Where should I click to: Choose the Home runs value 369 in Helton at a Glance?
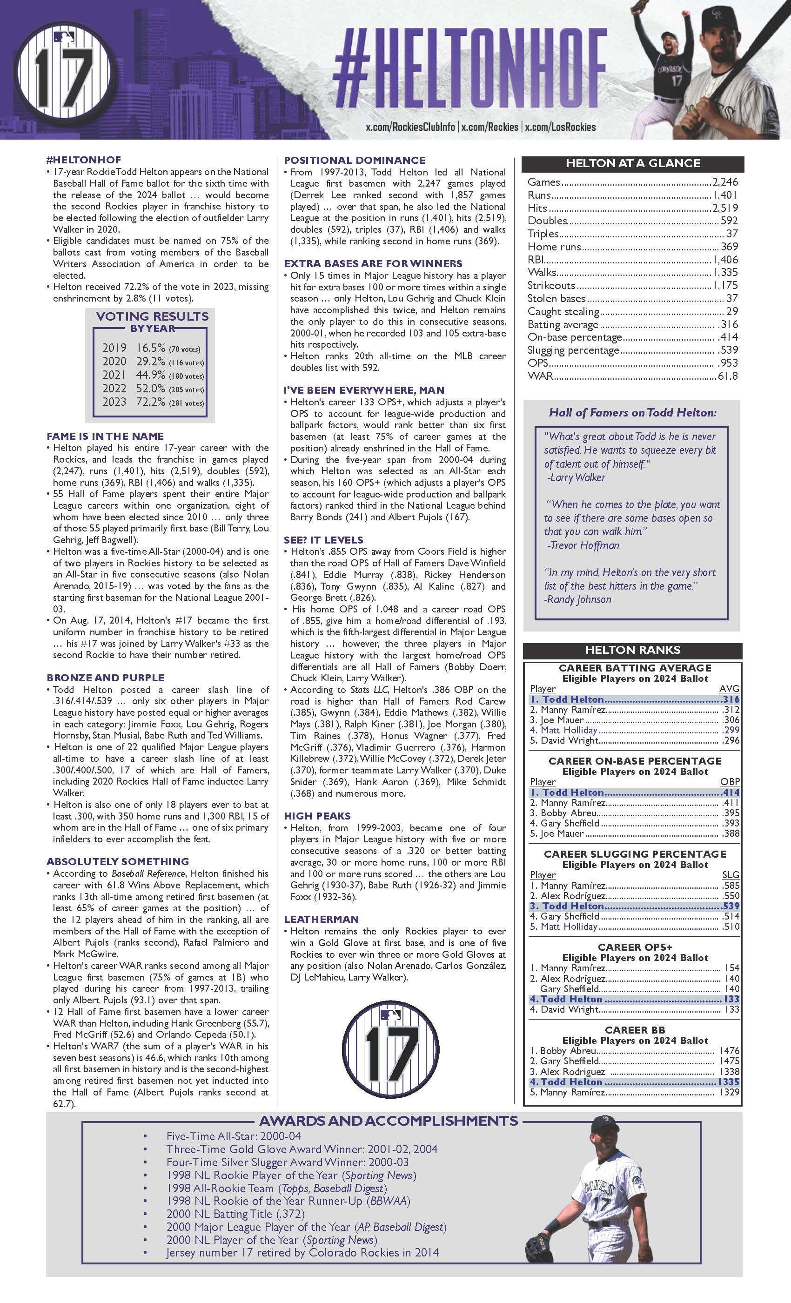tap(729, 247)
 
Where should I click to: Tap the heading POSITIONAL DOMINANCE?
tap(354, 160)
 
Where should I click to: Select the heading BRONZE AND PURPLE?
tap(105, 678)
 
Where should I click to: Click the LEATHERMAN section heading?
tap(321, 919)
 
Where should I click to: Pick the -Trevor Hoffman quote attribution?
tap(582, 545)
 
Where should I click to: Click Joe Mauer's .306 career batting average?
tap(730, 720)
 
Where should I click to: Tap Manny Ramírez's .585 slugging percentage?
tap(730, 885)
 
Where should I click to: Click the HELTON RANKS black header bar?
tap(632, 650)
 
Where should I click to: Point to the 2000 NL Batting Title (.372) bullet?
tap(235, 1214)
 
